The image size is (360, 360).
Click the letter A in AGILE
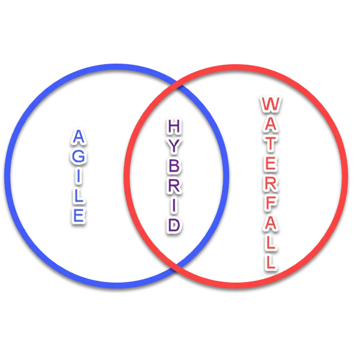point(79,136)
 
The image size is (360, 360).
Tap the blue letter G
point(79,157)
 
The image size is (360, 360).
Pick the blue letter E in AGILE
point(79,215)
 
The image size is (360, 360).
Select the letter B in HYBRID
point(174,166)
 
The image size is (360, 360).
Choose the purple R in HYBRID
point(174,185)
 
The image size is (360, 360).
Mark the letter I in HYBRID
point(174,205)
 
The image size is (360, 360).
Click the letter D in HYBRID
point(174,225)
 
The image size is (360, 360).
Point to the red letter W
point(271,104)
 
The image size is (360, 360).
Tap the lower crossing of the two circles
point(176,268)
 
